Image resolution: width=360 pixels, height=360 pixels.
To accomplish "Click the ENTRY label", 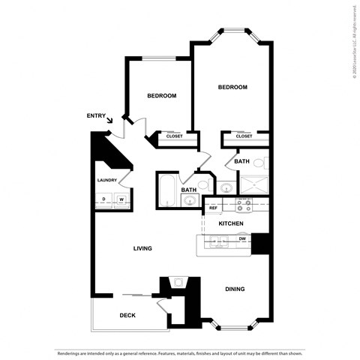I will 96,115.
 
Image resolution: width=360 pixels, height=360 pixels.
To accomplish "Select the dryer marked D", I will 103,199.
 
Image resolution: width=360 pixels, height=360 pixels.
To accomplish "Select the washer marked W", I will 120,199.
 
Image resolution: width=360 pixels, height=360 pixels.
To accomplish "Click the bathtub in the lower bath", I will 167,190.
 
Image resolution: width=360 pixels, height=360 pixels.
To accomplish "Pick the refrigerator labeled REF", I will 213,208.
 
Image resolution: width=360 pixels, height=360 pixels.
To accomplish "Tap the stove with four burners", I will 244,204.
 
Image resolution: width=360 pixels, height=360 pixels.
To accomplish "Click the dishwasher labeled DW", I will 242,239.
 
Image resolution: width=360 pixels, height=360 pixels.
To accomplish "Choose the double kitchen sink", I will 217,241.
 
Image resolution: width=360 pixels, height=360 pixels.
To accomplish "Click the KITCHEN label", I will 230,223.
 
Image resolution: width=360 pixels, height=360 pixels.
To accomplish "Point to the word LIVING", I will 143,248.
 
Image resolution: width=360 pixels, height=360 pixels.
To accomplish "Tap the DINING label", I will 235,289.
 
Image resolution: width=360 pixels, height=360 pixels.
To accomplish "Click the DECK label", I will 127,315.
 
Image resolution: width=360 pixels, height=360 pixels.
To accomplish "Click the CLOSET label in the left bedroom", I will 174,136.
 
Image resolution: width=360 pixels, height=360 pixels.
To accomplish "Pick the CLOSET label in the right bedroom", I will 244,136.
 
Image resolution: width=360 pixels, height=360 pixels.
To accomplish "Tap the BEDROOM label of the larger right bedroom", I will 232,88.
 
